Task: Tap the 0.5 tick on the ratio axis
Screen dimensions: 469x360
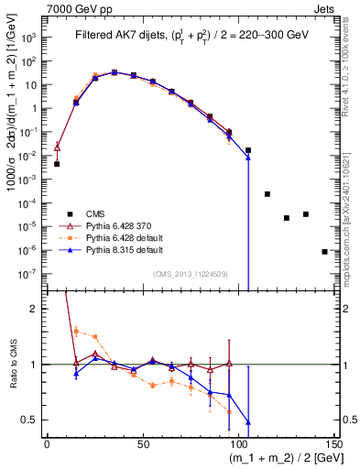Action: (32, 420)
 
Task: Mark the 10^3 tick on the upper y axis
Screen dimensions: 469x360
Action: (30, 38)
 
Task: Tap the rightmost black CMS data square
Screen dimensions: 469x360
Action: (324, 251)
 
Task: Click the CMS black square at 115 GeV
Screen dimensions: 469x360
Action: (267, 194)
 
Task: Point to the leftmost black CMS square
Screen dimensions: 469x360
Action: (57, 164)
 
